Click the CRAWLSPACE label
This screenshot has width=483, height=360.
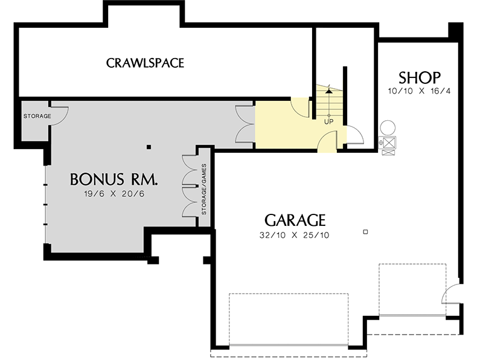(x=145, y=63)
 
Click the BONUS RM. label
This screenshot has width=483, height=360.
(x=114, y=179)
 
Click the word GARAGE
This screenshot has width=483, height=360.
(x=295, y=220)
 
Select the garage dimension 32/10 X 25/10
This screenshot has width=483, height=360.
(x=295, y=235)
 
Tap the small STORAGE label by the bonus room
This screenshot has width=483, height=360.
(x=37, y=116)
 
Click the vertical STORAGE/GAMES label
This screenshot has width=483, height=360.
(x=204, y=190)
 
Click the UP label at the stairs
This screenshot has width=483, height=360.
(x=329, y=121)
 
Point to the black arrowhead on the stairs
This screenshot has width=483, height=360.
(x=328, y=91)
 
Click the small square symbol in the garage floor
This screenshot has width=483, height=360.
(x=365, y=232)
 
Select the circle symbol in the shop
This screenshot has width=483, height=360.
(x=388, y=127)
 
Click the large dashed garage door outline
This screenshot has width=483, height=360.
(x=288, y=320)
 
